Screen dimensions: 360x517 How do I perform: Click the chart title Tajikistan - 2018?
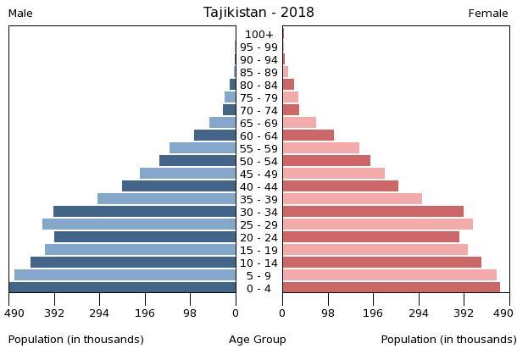click(258, 13)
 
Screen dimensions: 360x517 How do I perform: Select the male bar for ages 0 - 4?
click(123, 288)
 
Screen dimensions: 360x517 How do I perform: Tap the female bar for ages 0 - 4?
click(391, 288)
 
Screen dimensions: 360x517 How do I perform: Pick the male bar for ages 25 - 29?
click(139, 224)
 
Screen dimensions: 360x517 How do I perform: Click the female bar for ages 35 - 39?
click(352, 199)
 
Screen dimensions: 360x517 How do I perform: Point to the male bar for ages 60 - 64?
click(214, 136)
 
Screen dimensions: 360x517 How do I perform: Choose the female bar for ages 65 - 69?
click(299, 123)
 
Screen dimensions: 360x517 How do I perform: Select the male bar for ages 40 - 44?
click(179, 186)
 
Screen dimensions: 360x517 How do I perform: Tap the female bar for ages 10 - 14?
click(381, 263)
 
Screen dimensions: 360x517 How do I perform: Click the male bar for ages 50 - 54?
click(197, 161)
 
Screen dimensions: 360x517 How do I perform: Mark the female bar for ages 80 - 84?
click(288, 85)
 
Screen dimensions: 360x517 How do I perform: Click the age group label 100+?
click(258, 35)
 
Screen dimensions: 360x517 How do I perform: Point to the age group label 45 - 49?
click(258, 174)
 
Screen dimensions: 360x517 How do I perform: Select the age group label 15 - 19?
click(258, 250)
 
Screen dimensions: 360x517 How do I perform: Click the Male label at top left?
click(20, 14)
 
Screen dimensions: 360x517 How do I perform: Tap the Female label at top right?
click(488, 14)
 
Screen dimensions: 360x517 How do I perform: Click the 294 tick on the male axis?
click(100, 313)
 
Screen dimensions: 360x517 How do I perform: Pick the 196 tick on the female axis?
click(373, 313)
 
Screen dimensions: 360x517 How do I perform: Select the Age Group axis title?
click(258, 340)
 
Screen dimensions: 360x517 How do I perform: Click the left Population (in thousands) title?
click(76, 340)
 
